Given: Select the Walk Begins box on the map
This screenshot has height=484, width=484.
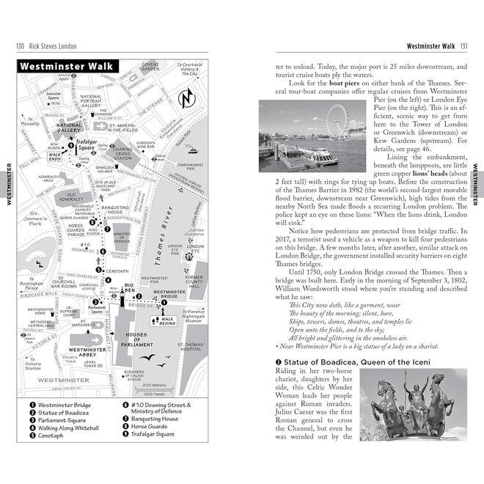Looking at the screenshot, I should pyautogui.click(x=168, y=320).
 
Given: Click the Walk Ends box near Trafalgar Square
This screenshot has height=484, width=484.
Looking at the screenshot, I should pyautogui.click(x=56, y=155).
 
